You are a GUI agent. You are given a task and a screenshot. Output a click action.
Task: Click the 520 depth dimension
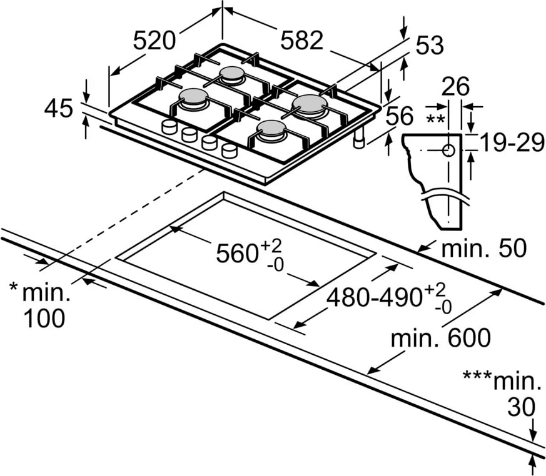[x=154, y=40]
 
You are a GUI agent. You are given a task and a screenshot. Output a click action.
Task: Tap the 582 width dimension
[x=302, y=40]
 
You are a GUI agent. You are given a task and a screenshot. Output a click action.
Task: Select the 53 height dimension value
[x=430, y=45]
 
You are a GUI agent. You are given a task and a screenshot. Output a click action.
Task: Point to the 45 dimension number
[x=59, y=108]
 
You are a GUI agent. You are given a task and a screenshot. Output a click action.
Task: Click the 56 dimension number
[x=399, y=116]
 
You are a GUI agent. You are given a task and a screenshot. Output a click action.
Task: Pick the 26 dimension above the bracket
[x=455, y=87]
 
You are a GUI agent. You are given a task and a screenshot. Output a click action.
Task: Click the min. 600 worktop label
[x=440, y=337]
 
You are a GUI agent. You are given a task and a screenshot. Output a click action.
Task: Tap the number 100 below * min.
[x=44, y=318]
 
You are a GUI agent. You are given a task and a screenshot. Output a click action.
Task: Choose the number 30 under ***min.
[x=521, y=407]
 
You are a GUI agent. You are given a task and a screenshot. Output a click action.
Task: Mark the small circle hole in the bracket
[x=448, y=151]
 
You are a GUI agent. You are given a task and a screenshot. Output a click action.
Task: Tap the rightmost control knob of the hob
[x=230, y=151]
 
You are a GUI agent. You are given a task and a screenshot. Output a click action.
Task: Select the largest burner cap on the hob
[x=310, y=104]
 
